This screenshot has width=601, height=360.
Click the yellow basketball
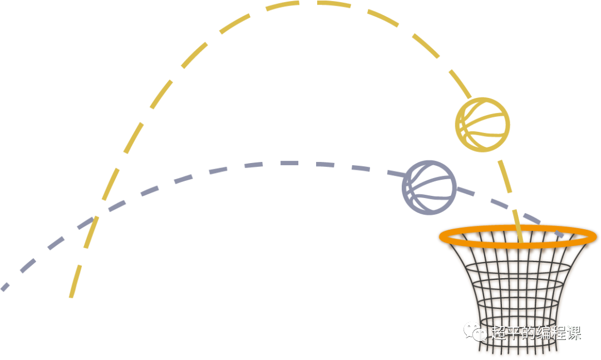point(482,125)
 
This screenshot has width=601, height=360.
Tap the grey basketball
point(429,188)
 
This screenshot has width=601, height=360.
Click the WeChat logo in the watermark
point(475,332)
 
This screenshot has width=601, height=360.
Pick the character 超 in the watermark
point(497,333)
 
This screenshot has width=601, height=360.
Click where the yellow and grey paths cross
point(95,215)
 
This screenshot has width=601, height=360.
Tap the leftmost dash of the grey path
point(4,287)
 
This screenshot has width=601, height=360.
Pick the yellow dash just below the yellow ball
point(505,176)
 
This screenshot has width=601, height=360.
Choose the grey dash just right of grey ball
point(465,192)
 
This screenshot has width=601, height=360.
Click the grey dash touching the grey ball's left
point(395,173)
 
